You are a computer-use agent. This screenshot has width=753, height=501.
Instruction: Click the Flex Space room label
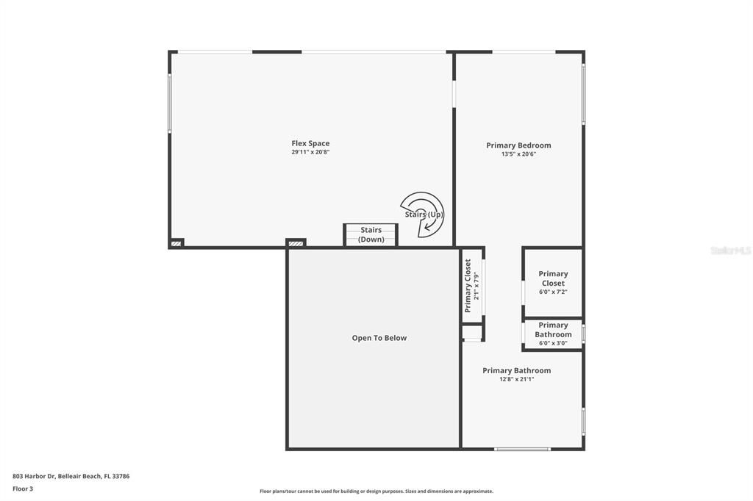click(310, 143)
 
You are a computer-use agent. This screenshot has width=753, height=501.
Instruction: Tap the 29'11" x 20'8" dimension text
click(310, 152)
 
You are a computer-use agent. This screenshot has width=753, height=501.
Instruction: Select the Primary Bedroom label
click(518, 145)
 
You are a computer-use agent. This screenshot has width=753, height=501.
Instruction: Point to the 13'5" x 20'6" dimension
click(518, 154)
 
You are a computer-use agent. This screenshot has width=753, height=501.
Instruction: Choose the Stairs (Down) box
click(371, 235)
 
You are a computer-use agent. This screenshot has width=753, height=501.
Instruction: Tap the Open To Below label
click(379, 338)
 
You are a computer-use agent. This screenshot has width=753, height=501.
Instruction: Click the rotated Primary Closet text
click(468, 286)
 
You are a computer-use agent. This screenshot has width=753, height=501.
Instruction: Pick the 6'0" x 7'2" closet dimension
click(553, 292)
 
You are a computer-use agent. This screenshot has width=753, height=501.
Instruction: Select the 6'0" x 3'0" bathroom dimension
click(553, 343)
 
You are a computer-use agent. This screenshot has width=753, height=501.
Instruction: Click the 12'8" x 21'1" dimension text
click(517, 379)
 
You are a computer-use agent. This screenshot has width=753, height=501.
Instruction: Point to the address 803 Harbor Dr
click(34, 477)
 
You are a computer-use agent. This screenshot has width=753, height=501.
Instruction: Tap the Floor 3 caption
click(23, 489)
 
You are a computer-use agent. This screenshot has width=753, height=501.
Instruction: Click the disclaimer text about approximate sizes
click(376, 491)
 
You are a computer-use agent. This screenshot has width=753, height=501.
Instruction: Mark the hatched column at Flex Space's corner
click(176, 244)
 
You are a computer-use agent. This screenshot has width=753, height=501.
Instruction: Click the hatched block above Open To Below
click(296, 243)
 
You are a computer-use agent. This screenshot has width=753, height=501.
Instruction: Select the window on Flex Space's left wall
click(170, 103)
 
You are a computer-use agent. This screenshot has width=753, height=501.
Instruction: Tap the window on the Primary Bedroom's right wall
click(583, 95)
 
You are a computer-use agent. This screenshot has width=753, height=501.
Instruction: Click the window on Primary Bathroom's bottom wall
click(523, 449)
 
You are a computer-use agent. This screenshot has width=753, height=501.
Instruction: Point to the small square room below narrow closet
click(473, 333)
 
